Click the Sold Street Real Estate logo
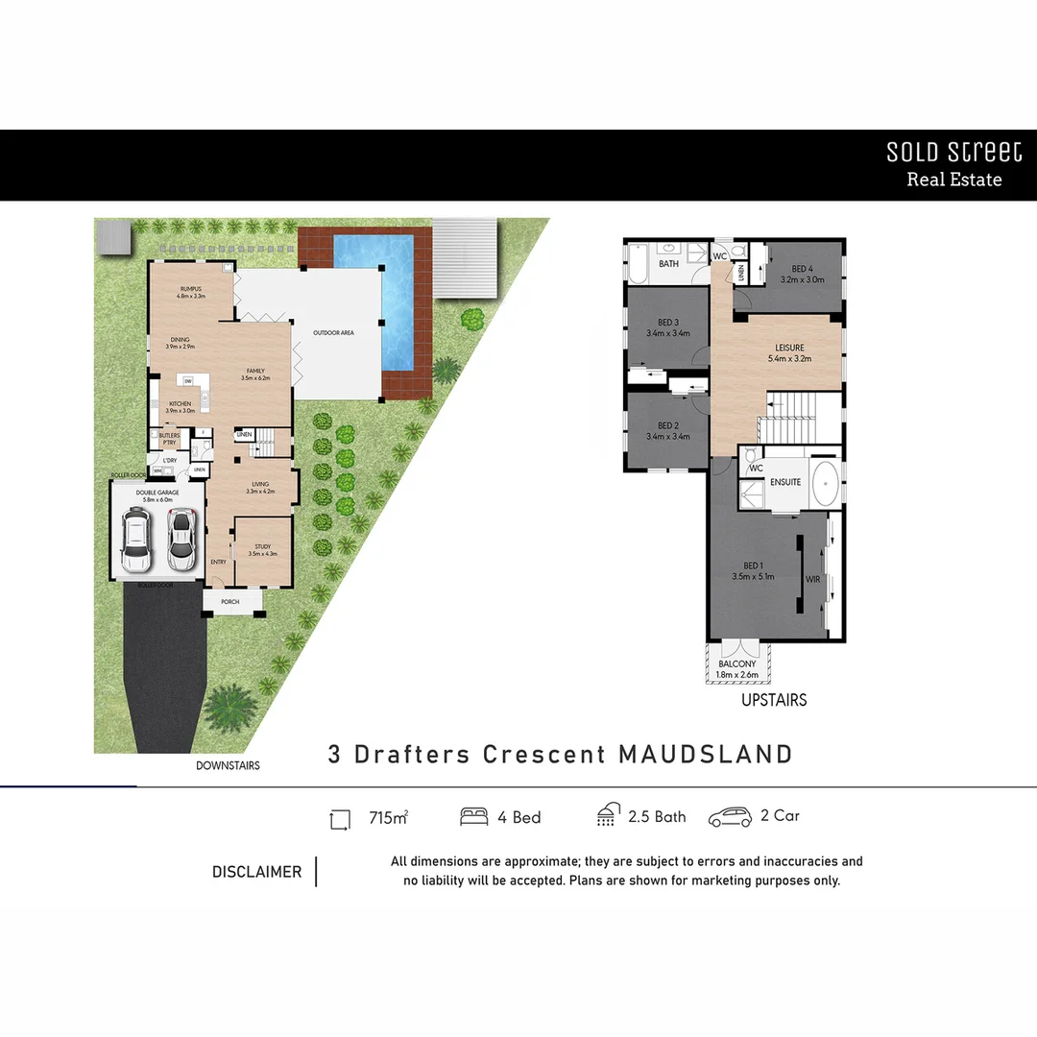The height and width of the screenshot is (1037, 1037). pyautogui.click(x=953, y=164)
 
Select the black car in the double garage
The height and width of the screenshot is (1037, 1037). pyautogui.click(x=135, y=540)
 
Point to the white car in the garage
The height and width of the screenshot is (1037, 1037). pyautogui.click(x=181, y=538)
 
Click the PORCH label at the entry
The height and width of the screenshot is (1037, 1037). pyautogui.click(x=230, y=602)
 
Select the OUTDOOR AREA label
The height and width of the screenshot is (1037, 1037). pyautogui.click(x=333, y=333)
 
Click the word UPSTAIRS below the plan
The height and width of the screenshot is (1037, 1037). pyautogui.click(x=774, y=700)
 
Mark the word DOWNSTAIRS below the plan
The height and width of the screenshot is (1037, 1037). pyautogui.click(x=228, y=765)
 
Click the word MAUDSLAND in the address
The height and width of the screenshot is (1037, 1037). pyautogui.click(x=706, y=754)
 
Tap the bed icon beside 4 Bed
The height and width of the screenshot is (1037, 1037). pyautogui.click(x=473, y=817)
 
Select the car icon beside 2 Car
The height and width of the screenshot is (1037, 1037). pyautogui.click(x=730, y=818)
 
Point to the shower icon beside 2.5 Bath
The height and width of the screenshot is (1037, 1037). pyautogui.click(x=607, y=817)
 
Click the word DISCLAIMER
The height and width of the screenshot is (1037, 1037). pyautogui.click(x=256, y=872)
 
